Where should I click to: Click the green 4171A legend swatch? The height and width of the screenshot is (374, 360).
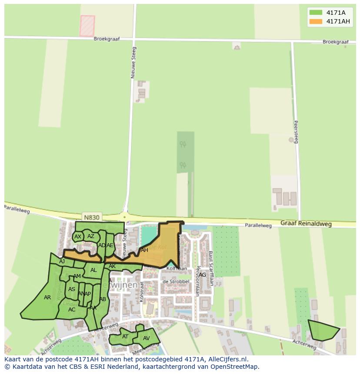click(x=316, y=13)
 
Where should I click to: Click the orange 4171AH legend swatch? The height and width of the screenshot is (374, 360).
click(x=316, y=21)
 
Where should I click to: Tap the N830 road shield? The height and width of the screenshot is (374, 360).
click(x=91, y=217)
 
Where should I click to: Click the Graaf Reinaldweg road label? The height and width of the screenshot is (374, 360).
click(x=306, y=224)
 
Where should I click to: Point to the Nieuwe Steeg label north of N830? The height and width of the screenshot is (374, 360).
click(x=133, y=63)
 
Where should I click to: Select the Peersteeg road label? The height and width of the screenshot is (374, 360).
click(x=296, y=132)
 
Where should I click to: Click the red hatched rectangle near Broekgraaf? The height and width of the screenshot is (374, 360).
click(x=87, y=26)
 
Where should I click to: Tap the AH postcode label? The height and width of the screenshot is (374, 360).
click(x=144, y=250)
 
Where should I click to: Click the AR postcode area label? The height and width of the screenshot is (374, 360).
click(x=47, y=298)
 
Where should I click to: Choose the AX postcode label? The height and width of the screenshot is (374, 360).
click(x=78, y=237)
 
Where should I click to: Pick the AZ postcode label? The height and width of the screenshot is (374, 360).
click(x=91, y=236)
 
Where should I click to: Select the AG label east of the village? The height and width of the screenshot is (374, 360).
click(x=202, y=275)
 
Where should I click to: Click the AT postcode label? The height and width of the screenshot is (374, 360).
click(x=125, y=336)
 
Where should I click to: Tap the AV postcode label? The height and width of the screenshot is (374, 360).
click(x=146, y=338)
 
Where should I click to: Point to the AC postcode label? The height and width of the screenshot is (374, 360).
click(x=72, y=309)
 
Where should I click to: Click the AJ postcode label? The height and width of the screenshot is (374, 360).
click(x=62, y=261)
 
